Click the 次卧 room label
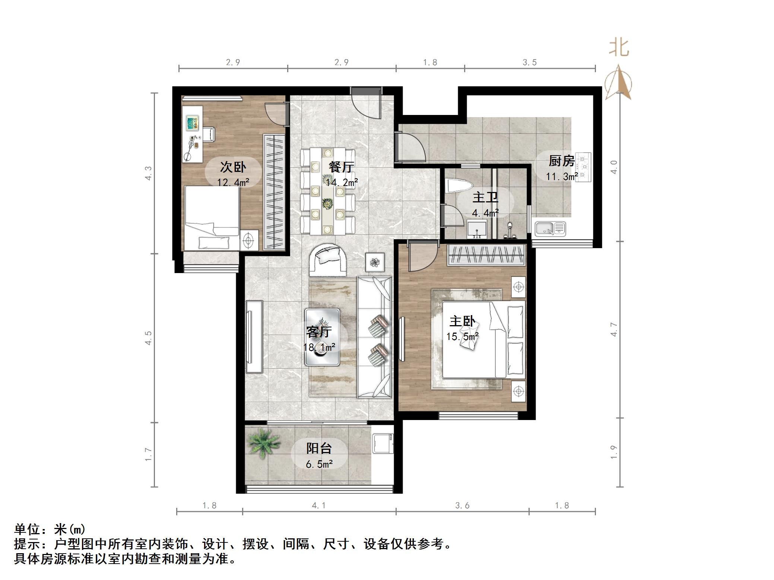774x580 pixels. tap(233, 167)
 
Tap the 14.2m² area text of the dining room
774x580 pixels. tap(342, 182)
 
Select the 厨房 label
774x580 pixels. tap(561, 161)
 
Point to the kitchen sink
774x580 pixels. tap(550, 228)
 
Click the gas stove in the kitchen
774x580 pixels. tap(583, 167)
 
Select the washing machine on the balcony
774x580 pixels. tap(383, 443)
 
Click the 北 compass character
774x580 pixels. tap(619, 48)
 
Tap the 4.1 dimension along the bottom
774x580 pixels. tap(318, 505)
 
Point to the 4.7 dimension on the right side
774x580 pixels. tap(614, 329)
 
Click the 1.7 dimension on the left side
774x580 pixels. tap(148, 454)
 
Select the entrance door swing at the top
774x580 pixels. tap(367, 103)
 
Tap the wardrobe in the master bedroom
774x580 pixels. tap(486, 255)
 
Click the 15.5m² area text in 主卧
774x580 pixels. tap(462, 337)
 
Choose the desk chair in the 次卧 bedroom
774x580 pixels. tap(208, 134)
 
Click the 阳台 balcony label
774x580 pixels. tap(319, 448)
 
